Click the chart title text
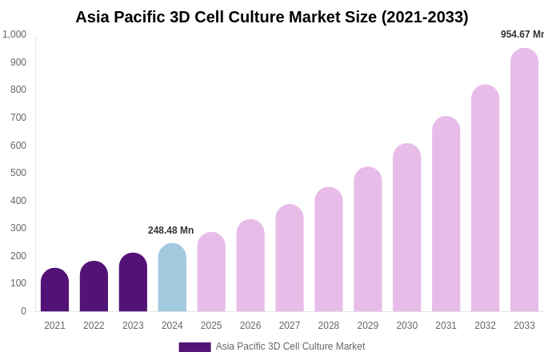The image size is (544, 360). (272, 17)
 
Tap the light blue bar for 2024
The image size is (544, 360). (172, 278)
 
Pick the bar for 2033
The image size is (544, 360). (524, 180)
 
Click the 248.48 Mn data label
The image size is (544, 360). (170, 230)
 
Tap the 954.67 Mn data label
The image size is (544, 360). (522, 34)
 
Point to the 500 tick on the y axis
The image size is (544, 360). (18, 173)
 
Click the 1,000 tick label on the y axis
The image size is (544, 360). (14, 34)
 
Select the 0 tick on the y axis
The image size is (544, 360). (23, 311)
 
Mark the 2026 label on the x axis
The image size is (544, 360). (250, 326)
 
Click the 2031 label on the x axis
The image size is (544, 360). (446, 326)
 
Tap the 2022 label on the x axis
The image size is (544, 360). (94, 326)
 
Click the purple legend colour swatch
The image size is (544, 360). (194, 347)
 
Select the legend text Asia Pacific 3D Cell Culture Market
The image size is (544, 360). (290, 346)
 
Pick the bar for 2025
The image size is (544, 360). (211, 272)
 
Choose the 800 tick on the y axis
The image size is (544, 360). (18, 90)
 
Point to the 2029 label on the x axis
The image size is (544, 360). (368, 326)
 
